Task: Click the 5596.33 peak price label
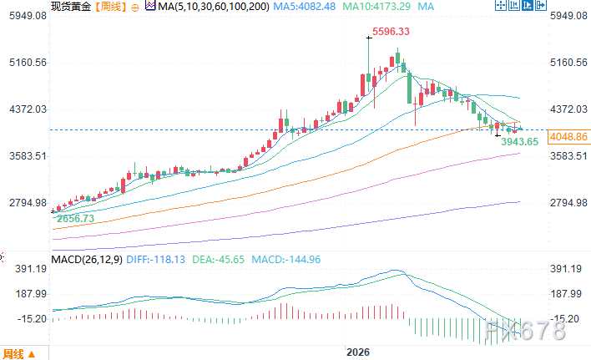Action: click(391, 31)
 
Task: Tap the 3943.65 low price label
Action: click(519, 142)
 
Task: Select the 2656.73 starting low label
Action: click(75, 219)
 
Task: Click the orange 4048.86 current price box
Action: click(568, 136)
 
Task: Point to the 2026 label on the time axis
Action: click(358, 352)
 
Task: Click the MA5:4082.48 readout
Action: click(304, 7)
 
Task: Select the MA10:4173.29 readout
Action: click(376, 7)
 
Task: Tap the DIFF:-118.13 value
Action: click(155, 260)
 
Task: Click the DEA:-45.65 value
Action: click(218, 260)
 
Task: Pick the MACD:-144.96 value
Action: click(286, 260)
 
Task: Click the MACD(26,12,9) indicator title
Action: click(87, 260)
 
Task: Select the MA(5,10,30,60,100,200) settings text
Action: click(214, 7)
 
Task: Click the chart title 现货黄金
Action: click(71, 7)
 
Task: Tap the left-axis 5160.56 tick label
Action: click(28, 62)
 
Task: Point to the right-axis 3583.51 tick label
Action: click(568, 156)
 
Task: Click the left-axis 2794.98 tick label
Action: click(28, 203)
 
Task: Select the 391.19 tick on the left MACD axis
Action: click(31, 269)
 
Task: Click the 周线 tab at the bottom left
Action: click(13, 354)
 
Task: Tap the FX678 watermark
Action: click(525, 331)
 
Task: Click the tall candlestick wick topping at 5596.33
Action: click(368, 64)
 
